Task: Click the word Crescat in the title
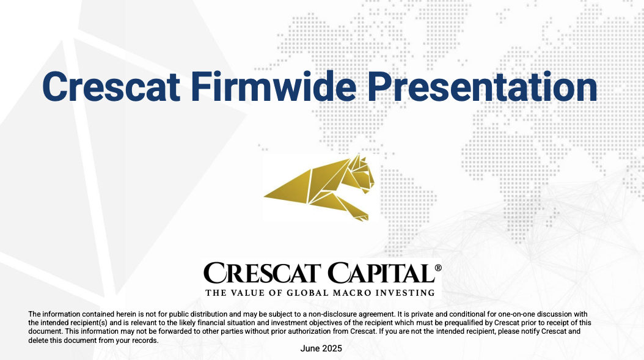point(111,87)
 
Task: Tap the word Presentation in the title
point(482,87)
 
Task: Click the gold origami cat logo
point(319,188)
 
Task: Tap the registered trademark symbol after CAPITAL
point(438,268)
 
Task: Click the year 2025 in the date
point(332,348)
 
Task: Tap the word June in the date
point(310,348)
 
